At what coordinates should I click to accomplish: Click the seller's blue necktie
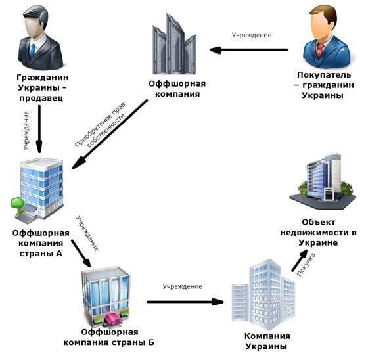(32, 51)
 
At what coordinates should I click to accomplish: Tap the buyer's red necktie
(320, 49)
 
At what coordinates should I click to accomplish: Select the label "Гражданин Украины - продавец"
(42, 87)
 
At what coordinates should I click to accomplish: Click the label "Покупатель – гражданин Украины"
(323, 85)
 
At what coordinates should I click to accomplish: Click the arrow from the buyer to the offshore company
(249, 50)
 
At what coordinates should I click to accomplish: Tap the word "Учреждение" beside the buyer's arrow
(252, 35)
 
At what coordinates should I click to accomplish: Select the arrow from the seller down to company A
(39, 129)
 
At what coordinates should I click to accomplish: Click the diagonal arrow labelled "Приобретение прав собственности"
(110, 134)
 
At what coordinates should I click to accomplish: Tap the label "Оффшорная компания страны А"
(41, 243)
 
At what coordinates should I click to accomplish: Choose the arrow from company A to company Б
(81, 254)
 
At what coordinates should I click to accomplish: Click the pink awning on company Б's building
(113, 320)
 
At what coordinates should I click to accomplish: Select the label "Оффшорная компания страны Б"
(109, 337)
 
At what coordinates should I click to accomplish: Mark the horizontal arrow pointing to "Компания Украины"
(185, 302)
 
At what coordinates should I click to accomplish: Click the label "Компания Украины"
(267, 341)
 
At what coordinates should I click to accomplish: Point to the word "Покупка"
(306, 265)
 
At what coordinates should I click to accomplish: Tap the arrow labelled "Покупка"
(300, 260)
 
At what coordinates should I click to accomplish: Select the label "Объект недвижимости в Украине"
(318, 233)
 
